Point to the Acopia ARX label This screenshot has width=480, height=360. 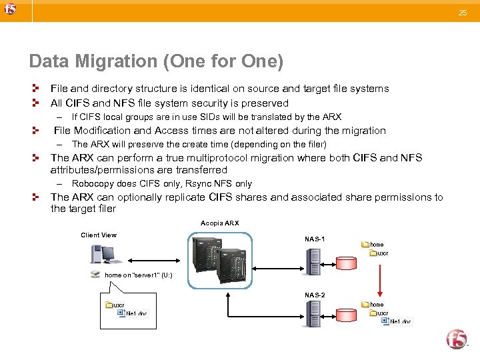tap(219, 223)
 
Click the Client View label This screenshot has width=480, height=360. tap(99, 235)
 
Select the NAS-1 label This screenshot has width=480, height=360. tap(315, 238)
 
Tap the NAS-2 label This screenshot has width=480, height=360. tap(315, 295)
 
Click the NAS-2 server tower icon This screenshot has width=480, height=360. tap(313, 314)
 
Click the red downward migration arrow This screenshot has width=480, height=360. tap(379, 279)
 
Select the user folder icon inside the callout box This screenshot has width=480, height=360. tap(110, 305)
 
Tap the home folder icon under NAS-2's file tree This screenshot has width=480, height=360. tap(365, 305)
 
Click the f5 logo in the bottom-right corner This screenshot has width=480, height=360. tap(457, 339)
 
